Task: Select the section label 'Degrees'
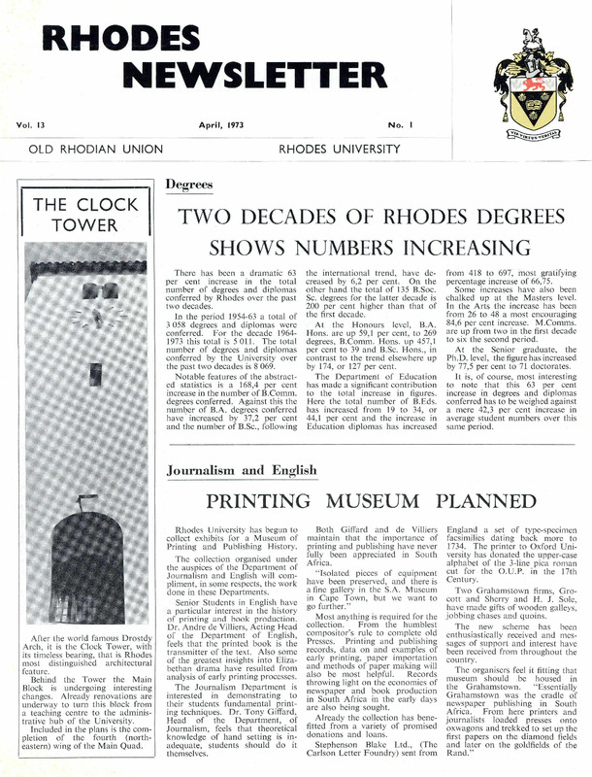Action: pos(184,184)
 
